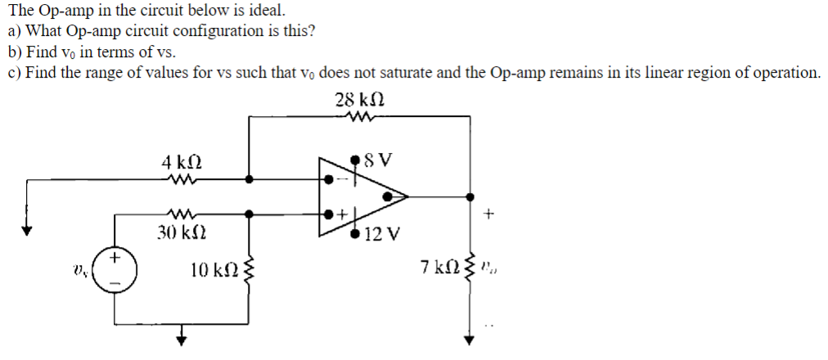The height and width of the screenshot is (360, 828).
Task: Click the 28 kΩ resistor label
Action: pos(360,99)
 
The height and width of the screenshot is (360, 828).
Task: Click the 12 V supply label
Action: pos(381,234)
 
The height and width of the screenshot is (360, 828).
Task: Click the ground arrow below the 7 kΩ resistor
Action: pos(470,340)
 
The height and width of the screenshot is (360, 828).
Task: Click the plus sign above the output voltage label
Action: pos(489,214)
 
